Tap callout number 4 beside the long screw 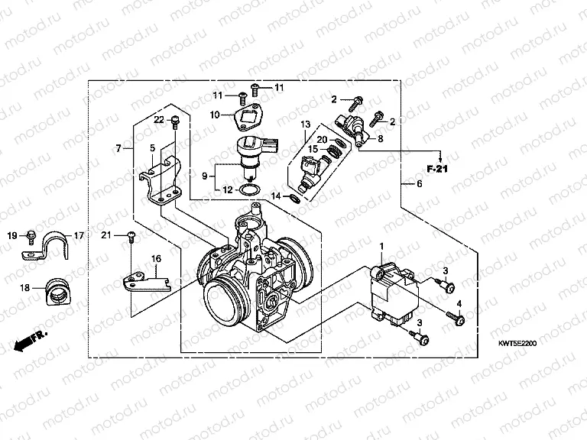tap(459, 305)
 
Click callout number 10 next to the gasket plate tap(216, 115)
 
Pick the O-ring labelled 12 tap(251, 189)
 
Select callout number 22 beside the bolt tap(159, 119)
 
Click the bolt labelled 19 tap(31, 234)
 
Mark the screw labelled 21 tap(131, 237)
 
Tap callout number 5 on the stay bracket tap(153, 148)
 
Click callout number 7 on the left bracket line tap(118, 148)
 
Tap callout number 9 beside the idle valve tap(204, 176)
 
